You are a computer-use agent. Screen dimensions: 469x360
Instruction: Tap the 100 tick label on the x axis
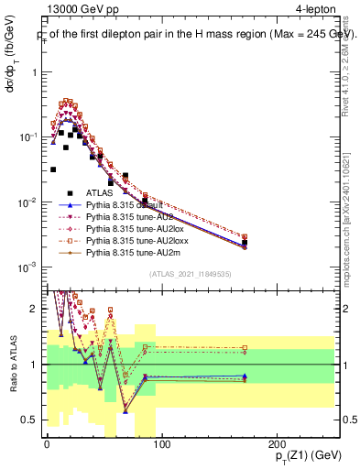click(160, 444)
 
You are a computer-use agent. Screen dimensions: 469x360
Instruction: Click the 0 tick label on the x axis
click(47, 444)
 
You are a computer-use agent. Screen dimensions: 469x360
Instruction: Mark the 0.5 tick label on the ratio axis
click(29, 420)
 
